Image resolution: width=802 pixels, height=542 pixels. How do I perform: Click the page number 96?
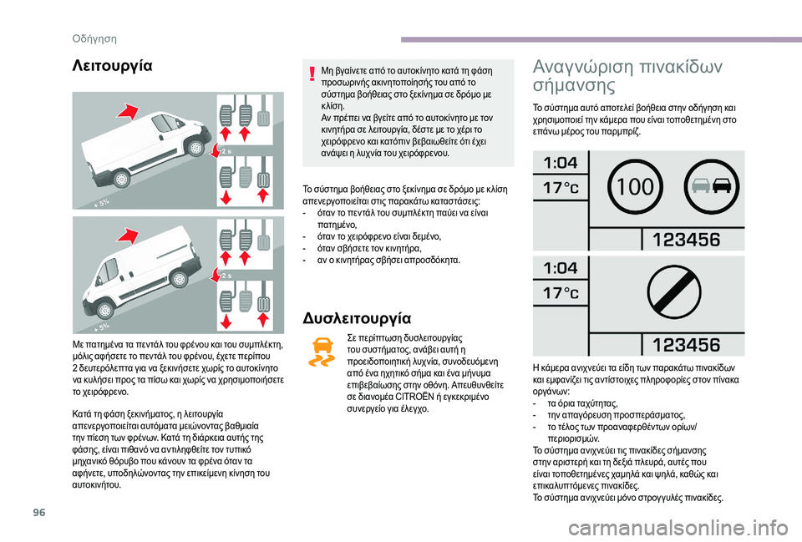pyautogui.click(x=39, y=512)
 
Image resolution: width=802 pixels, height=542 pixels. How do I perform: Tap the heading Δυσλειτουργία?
pyautogui.click(x=357, y=318)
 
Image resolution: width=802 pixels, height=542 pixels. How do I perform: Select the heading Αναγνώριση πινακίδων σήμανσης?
pyautogui.click(x=627, y=75)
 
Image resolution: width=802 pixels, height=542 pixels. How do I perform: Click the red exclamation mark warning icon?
pyautogui.click(x=312, y=74)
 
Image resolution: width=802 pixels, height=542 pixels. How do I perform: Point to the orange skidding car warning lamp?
pyautogui.click(x=322, y=352)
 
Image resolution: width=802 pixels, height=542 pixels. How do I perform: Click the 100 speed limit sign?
pyautogui.click(x=635, y=187)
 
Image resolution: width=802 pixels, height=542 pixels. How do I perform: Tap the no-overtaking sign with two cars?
pyautogui.click(x=711, y=186)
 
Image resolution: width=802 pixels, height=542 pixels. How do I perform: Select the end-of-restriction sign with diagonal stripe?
pyautogui.click(x=674, y=293)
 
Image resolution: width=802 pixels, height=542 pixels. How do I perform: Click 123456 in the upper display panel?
pyautogui.click(x=687, y=240)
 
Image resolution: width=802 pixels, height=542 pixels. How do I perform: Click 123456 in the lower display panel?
pyautogui.click(x=687, y=345)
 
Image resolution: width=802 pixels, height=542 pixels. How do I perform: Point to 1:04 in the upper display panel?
pyautogui.click(x=561, y=163)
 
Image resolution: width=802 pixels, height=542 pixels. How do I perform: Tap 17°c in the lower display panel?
pyautogui.click(x=561, y=293)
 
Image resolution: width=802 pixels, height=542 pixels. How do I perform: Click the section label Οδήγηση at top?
pyautogui.click(x=94, y=39)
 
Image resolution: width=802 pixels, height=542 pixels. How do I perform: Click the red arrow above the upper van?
pyautogui.click(x=127, y=111)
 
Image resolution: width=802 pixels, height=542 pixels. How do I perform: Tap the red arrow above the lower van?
pyautogui.click(x=127, y=236)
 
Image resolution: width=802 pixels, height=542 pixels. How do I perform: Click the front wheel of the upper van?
pyautogui.click(x=195, y=148)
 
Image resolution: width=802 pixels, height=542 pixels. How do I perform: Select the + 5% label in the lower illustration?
pyautogui.click(x=101, y=327)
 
